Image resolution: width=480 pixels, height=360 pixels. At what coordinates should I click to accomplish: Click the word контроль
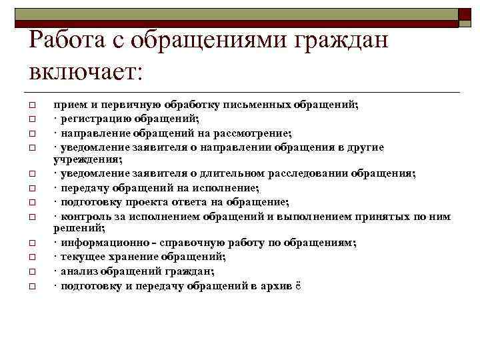[x=82, y=216]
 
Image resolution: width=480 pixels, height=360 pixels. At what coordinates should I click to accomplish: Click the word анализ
[x=77, y=271]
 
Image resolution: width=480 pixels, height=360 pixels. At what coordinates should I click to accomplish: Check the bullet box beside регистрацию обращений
[x=31, y=119]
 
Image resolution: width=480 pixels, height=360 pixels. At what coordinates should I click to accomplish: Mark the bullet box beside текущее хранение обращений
[x=31, y=257]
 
